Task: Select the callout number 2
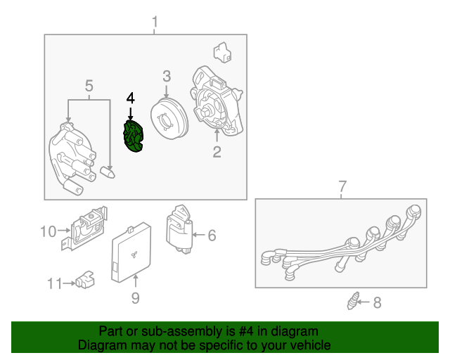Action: pos(217,150)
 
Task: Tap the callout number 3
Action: pos(167,76)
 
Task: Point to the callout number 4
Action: pos(130,98)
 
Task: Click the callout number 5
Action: pos(89,86)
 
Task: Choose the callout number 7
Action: pos(342,187)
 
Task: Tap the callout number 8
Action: pos(377,303)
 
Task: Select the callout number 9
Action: pos(135,298)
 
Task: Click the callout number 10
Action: pos(48,231)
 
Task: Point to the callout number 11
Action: pos(55,283)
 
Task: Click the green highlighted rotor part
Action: pos(132,136)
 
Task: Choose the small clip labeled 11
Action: pos(85,280)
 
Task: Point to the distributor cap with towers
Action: pos(71,156)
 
